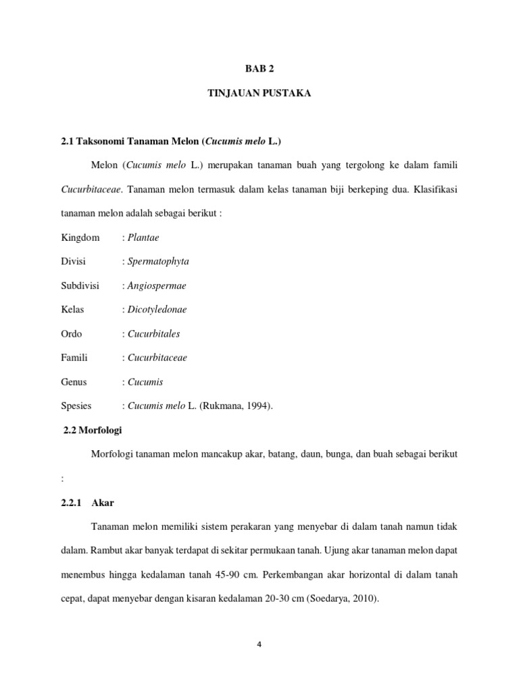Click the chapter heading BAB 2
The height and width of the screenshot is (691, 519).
[259, 70]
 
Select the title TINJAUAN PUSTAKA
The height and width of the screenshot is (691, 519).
[259, 94]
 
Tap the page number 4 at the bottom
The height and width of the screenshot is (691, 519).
[259, 644]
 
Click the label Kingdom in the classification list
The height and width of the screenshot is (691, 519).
[80, 238]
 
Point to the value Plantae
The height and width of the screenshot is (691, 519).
[143, 238]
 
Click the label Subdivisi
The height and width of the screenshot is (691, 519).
[80, 285]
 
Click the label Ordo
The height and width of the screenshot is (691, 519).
[71, 333]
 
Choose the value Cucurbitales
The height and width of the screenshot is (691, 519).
[153, 333]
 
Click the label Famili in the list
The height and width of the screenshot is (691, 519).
[74, 358]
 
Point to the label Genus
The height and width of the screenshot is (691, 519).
[74, 382]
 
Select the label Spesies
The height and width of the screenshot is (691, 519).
[76, 406]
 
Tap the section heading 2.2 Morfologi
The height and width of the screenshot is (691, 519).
[93, 430]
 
